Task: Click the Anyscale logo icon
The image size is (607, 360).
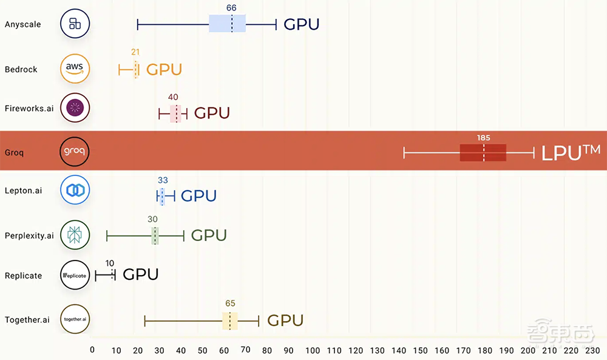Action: tap(75, 24)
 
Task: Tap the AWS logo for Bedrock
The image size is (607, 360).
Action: tap(75, 69)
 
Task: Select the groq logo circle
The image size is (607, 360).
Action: tap(75, 151)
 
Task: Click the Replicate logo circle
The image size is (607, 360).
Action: tap(75, 276)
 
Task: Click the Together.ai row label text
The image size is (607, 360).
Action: tap(27, 320)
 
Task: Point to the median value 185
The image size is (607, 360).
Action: tap(483, 138)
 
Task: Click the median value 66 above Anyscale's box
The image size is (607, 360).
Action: tap(231, 8)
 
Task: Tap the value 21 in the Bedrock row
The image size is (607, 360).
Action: tap(135, 52)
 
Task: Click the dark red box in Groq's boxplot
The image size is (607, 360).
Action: tap(483, 152)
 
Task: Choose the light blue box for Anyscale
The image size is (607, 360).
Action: tap(227, 24)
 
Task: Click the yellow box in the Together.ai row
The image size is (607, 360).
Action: tap(229, 321)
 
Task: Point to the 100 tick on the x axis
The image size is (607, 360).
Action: tap(313, 350)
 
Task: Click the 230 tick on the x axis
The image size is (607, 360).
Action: tap(592, 350)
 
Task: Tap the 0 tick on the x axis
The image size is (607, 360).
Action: tap(92, 350)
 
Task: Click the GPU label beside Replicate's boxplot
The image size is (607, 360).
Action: tap(140, 274)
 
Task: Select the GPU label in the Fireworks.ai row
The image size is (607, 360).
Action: tap(212, 113)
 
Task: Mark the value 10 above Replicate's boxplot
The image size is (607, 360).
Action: tap(110, 263)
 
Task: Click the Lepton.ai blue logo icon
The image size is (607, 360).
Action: tap(75, 190)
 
